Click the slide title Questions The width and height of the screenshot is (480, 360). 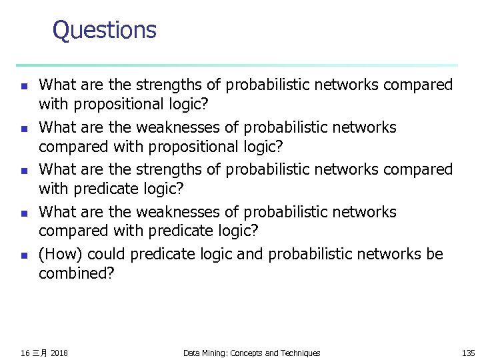tap(104, 30)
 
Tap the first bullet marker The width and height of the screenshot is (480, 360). tap(23, 86)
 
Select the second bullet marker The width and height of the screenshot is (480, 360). tap(23, 129)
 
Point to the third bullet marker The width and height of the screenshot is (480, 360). tap(23, 171)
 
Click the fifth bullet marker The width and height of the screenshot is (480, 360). tap(23, 255)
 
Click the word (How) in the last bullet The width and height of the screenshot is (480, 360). tap(61, 255)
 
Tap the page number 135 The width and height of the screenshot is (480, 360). tap(468, 353)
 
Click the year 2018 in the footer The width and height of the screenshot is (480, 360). tap(59, 353)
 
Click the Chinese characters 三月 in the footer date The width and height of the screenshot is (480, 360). tap(39, 353)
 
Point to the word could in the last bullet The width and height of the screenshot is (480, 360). tap(107, 255)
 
